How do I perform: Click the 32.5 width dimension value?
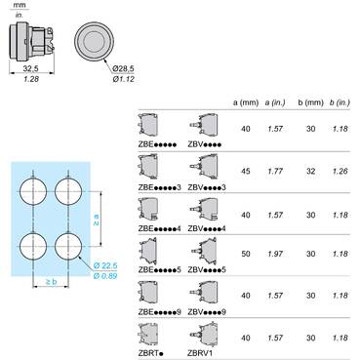[x=30, y=68]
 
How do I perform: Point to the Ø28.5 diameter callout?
[x=123, y=68]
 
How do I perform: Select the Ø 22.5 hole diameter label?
[x=105, y=265]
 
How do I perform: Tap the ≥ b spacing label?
[x=51, y=282]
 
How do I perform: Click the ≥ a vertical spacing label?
[x=97, y=220]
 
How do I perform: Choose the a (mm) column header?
[x=246, y=102]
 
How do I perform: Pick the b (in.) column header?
[x=340, y=102]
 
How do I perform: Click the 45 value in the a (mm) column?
[x=246, y=171]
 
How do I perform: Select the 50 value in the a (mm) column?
[x=246, y=254]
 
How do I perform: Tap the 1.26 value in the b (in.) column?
[x=340, y=171]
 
